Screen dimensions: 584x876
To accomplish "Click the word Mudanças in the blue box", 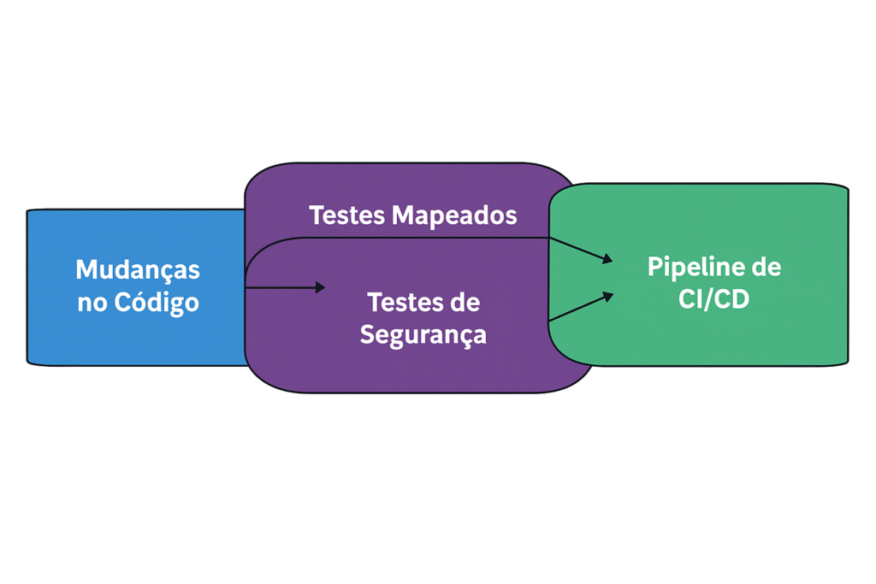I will (x=138, y=269).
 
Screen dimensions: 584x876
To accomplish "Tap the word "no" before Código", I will (x=92, y=303).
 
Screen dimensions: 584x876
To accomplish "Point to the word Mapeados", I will (x=454, y=215).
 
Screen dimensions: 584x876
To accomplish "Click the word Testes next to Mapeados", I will (x=347, y=215).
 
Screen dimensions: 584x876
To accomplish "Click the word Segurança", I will (x=423, y=334).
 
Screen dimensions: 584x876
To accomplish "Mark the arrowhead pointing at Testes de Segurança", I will (x=320, y=287).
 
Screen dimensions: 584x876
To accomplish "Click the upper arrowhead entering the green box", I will (x=608, y=258).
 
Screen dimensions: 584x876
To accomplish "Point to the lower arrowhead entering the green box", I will (x=608, y=296).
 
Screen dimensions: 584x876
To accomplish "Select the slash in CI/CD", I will (x=713, y=299).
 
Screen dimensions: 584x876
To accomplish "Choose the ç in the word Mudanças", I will (x=176, y=271).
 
